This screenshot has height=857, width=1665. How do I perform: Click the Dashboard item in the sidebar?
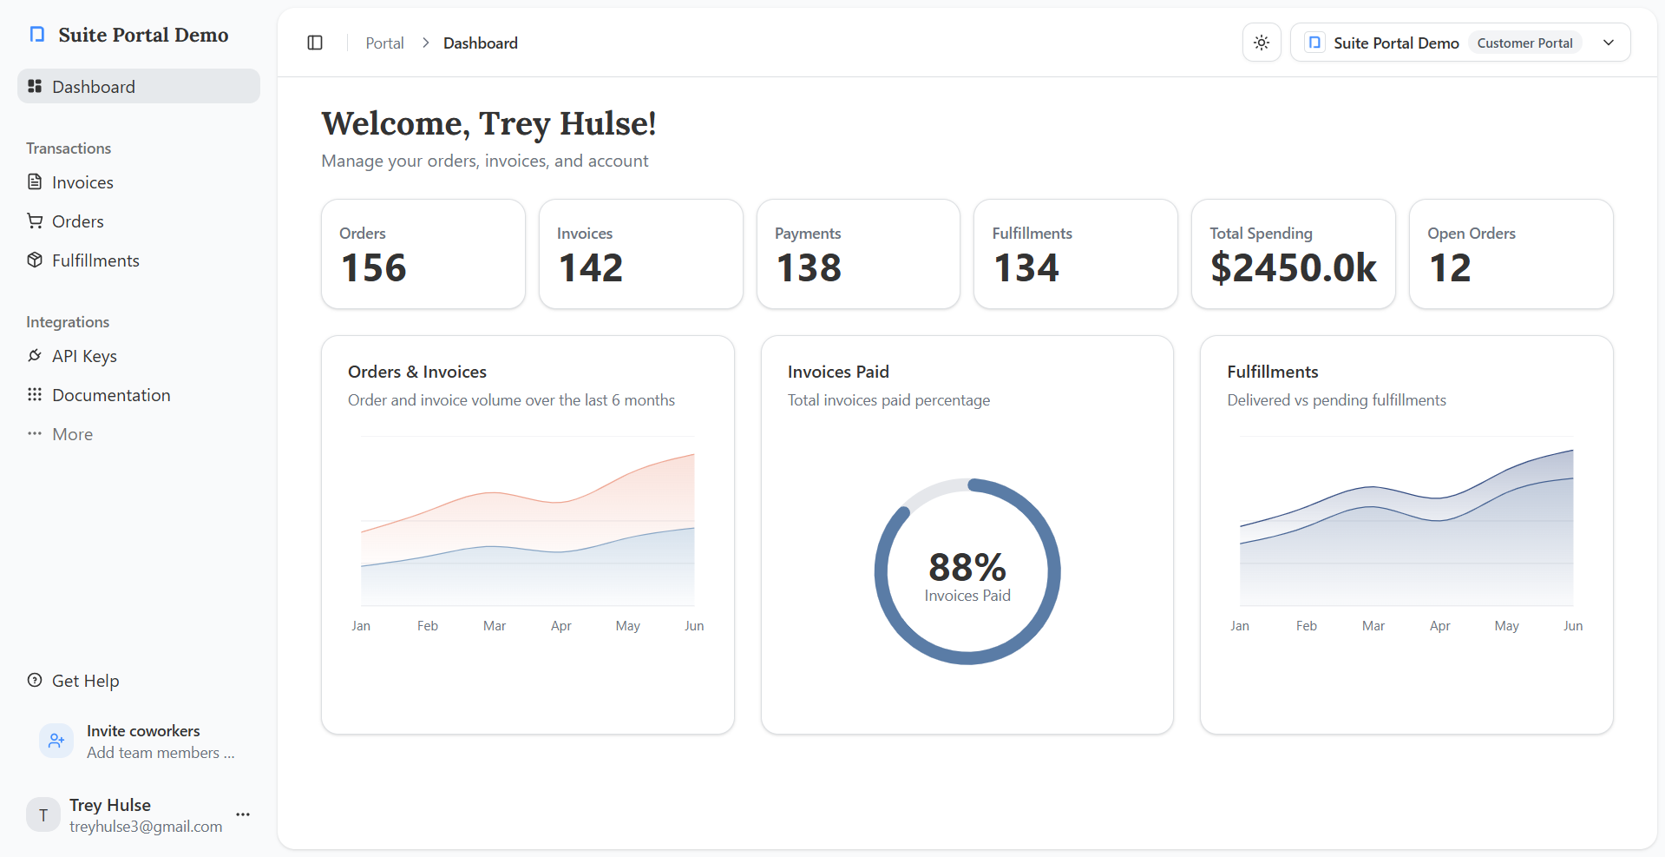pyautogui.click(x=93, y=87)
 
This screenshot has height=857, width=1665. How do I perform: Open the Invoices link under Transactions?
pyautogui.click(x=82, y=182)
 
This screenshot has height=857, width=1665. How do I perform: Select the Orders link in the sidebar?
pyautogui.click(x=77, y=221)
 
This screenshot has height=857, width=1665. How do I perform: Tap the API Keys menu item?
pyautogui.click(x=84, y=356)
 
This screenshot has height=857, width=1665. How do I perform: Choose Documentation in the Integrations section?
pyautogui.click(x=111, y=395)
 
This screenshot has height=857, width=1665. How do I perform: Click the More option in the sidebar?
pyautogui.click(x=72, y=434)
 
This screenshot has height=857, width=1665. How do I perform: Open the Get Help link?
pyautogui.click(x=85, y=681)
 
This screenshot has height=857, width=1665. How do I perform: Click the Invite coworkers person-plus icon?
pyautogui.click(x=56, y=741)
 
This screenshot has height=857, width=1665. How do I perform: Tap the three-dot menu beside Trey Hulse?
pyautogui.click(x=243, y=814)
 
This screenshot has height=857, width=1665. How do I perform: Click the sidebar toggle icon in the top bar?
pyautogui.click(x=315, y=43)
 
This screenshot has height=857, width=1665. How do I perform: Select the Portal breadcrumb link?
pyautogui.click(x=384, y=43)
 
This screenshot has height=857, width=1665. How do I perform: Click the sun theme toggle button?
pyautogui.click(x=1262, y=43)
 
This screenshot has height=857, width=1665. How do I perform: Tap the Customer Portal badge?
pyautogui.click(x=1524, y=43)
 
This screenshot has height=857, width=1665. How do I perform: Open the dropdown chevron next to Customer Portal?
pyautogui.click(x=1609, y=43)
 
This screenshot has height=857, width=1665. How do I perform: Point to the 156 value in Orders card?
pyautogui.click(x=374, y=267)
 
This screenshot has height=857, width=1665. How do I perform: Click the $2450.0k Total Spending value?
pyautogui.click(x=1294, y=267)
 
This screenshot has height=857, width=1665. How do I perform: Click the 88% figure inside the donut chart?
pyautogui.click(x=967, y=567)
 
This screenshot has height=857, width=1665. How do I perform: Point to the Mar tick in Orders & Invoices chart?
pyautogui.click(x=495, y=626)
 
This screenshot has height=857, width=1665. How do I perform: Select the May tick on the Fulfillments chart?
pyautogui.click(x=1506, y=626)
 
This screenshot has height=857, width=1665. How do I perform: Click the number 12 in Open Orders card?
pyautogui.click(x=1450, y=267)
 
